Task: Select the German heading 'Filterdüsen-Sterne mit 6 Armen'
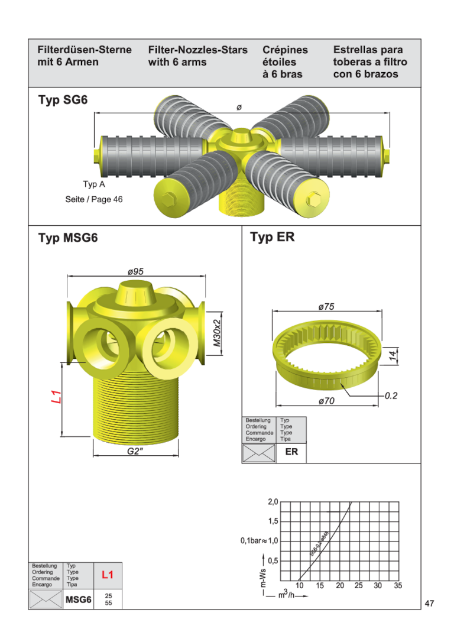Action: [85, 56]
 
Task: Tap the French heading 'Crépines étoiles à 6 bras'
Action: [283, 62]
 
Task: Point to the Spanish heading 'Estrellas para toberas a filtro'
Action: [370, 62]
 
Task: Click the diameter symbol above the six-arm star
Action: [239, 107]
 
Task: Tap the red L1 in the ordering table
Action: [107, 575]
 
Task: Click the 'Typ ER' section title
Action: [272, 238]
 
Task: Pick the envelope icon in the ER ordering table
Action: [258, 452]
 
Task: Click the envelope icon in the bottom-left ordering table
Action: [46, 599]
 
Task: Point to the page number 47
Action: [430, 604]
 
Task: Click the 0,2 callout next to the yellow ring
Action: [391, 395]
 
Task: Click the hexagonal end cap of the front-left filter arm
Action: [168, 197]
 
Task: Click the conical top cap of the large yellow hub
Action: [135, 293]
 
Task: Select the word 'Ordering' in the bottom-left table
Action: [43, 572]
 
